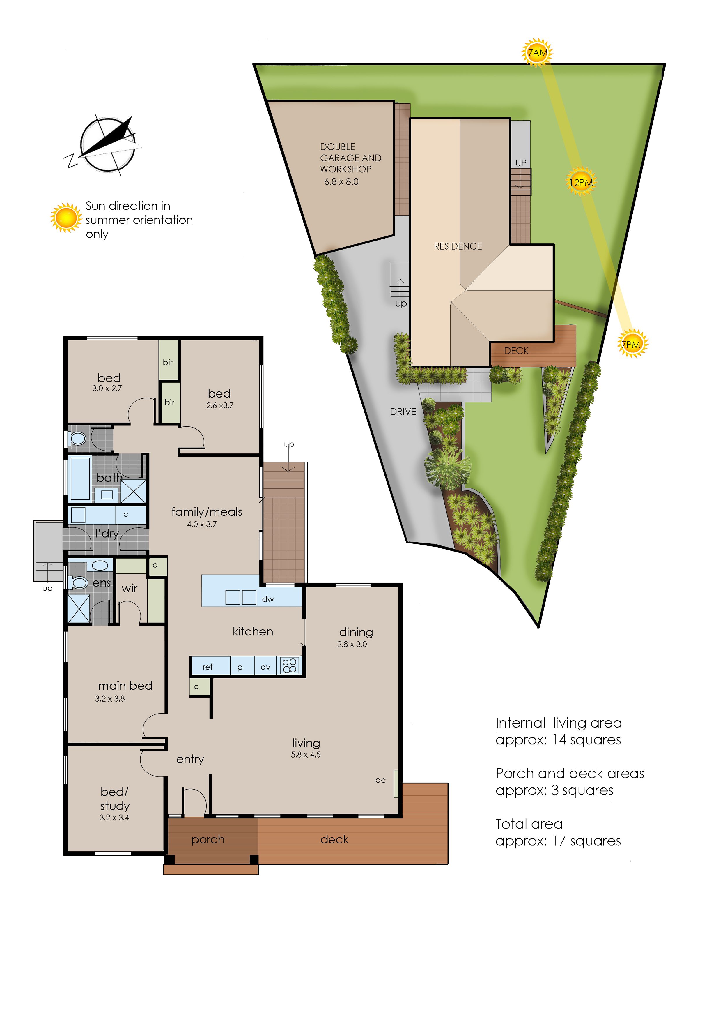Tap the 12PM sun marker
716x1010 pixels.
(581, 182)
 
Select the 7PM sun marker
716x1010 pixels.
(632, 344)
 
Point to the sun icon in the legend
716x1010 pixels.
(66, 218)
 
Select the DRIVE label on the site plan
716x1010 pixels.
(403, 412)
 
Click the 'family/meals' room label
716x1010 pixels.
(207, 512)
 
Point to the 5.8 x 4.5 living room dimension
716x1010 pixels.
(306, 755)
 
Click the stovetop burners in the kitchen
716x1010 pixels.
(290, 665)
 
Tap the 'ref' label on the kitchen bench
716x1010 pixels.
(207, 667)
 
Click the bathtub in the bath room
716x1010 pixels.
(80, 478)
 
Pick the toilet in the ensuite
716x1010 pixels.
(78, 583)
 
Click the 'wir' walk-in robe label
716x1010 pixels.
(129, 588)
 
